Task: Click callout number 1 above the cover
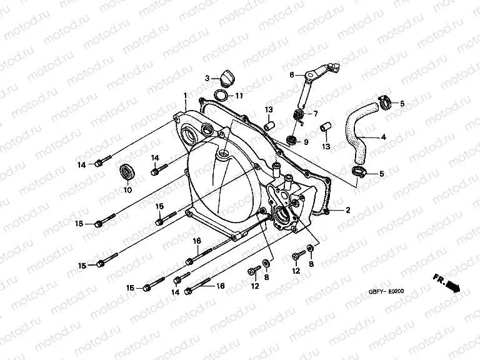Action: [x=185, y=96]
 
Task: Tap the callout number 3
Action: [x=206, y=79]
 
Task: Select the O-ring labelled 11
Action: [x=221, y=95]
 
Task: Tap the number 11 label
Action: [x=240, y=96]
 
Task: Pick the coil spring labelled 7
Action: [x=299, y=115]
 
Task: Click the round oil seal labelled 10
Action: [x=127, y=171]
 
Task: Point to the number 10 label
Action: [x=127, y=190]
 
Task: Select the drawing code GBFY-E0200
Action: [x=387, y=291]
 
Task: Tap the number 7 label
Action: [x=316, y=114]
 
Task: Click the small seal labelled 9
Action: [x=291, y=138]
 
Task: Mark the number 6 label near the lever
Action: [x=291, y=75]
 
